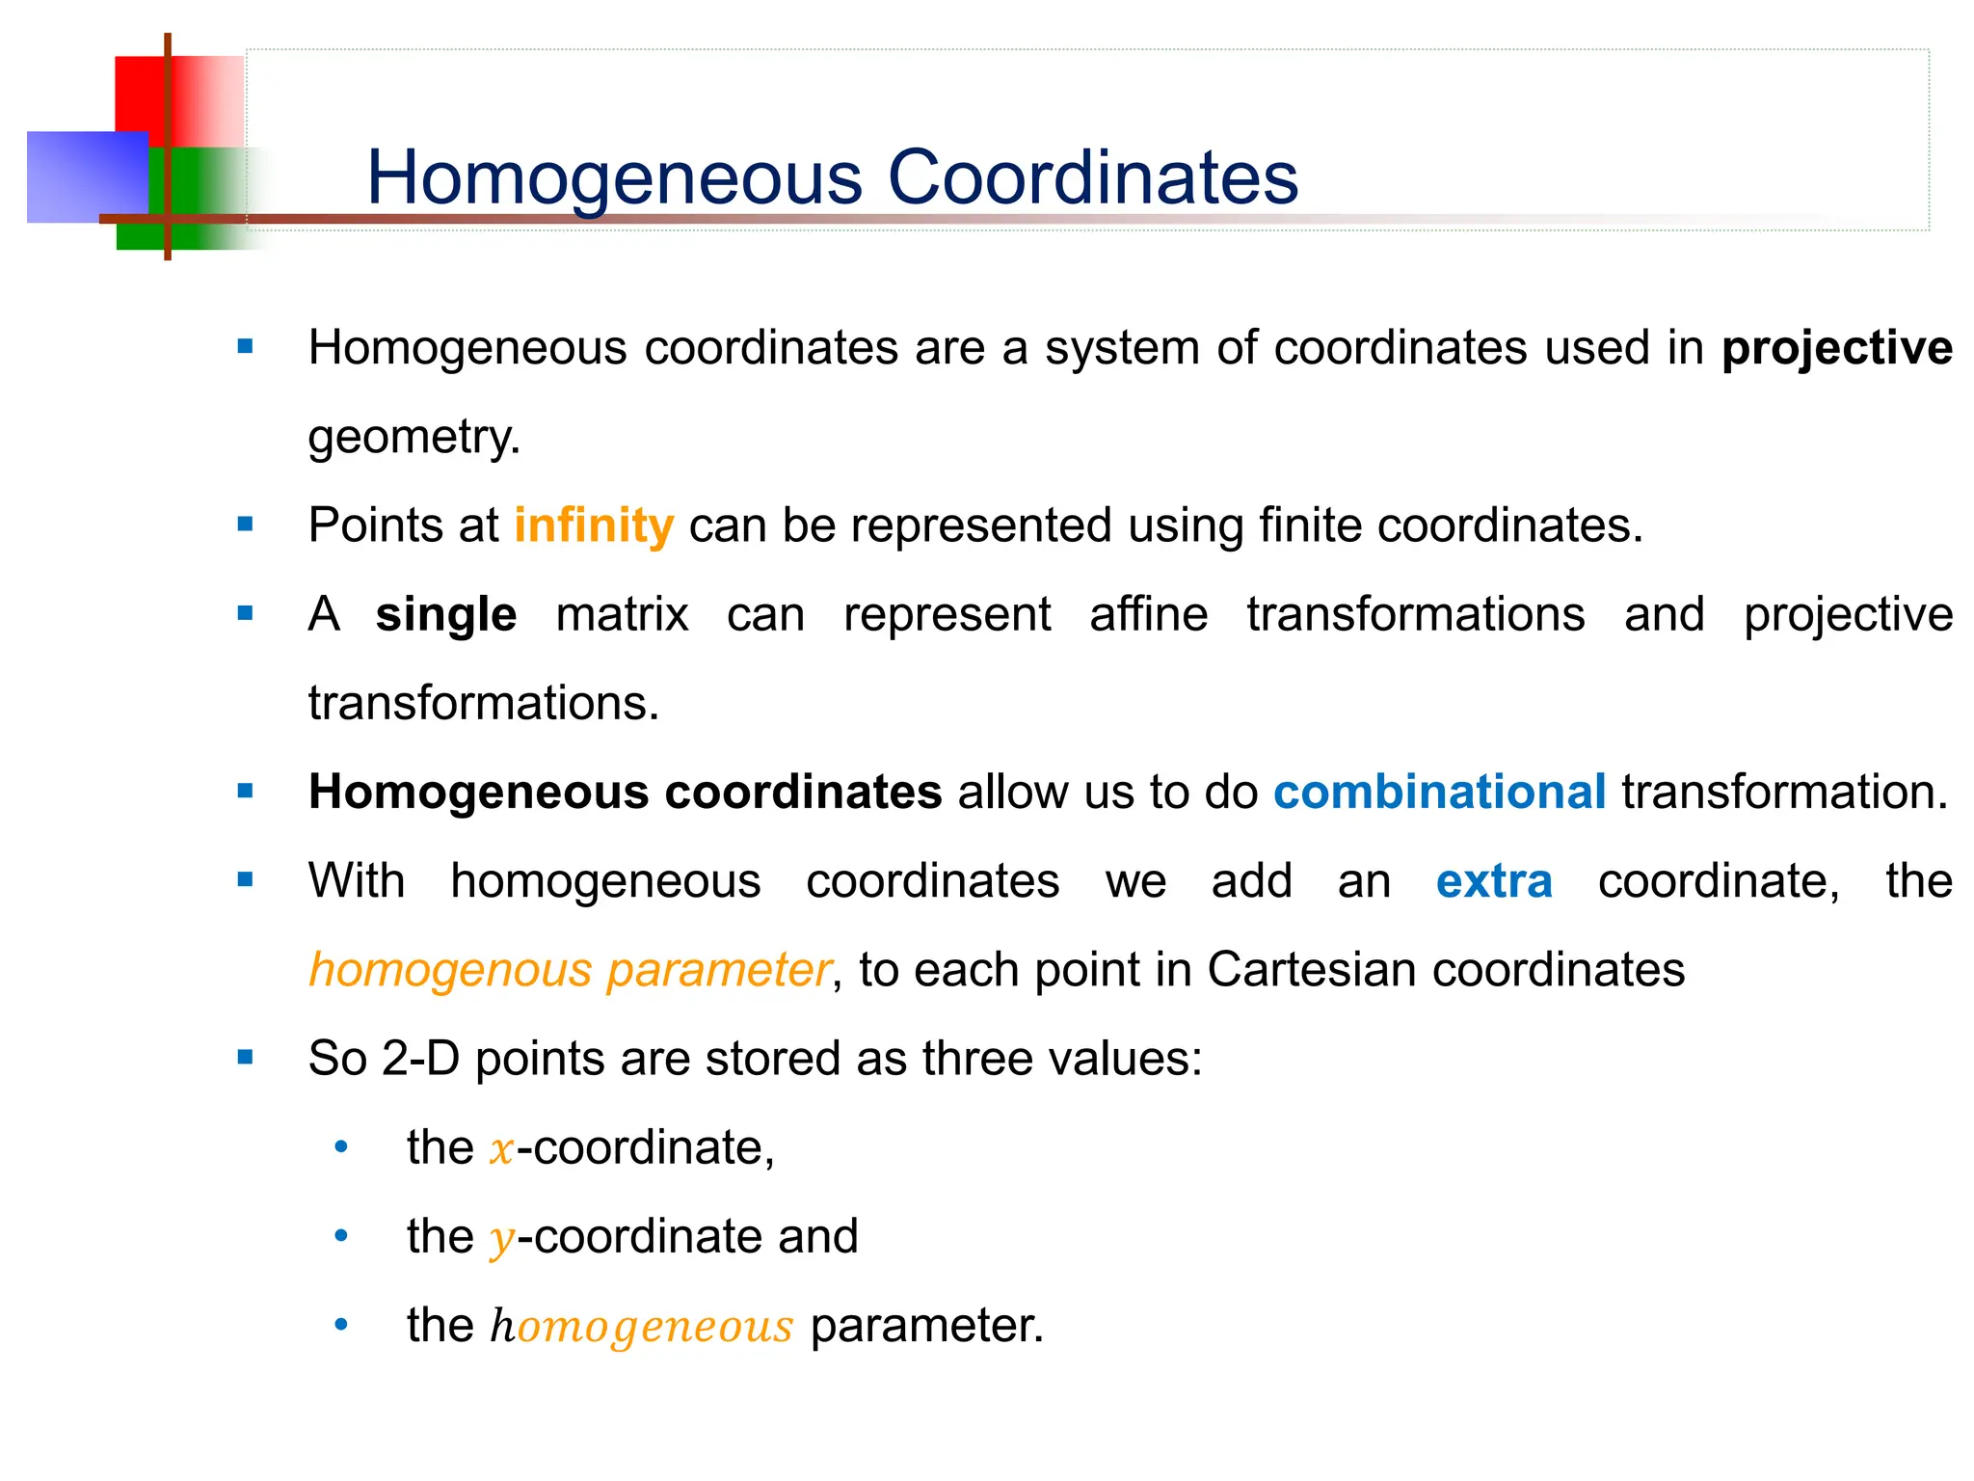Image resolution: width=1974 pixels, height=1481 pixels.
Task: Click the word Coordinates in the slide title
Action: tap(1092, 178)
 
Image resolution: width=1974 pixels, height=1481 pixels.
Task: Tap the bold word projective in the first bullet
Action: tap(1836, 348)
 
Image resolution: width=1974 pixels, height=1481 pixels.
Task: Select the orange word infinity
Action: tap(594, 526)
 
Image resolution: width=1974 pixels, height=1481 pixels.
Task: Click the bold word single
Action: tap(445, 615)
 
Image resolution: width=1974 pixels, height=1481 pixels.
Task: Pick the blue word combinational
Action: tap(1439, 793)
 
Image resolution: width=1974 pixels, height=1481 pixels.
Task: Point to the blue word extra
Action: tap(1493, 881)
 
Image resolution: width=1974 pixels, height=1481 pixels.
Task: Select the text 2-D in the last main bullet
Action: tap(420, 1059)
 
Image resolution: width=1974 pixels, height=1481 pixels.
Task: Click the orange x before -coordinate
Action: tap(501, 1150)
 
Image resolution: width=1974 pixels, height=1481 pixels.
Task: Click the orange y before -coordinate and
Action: tap(501, 1239)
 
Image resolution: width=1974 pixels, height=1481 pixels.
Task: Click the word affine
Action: tap(1148, 615)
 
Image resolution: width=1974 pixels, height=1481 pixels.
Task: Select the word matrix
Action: tap(622, 615)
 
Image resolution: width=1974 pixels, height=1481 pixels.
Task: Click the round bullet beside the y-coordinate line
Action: tap(340, 1236)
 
